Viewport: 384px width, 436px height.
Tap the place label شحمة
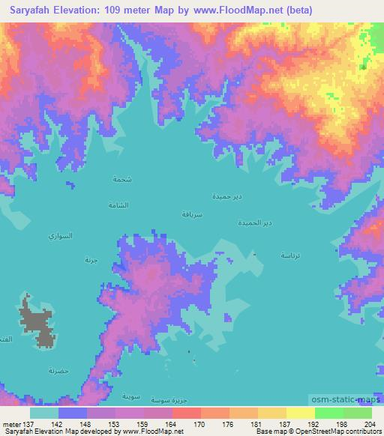(121, 180)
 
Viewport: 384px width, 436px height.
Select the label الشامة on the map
(118, 205)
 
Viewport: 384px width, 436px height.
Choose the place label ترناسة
(293, 255)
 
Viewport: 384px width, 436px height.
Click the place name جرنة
(91, 260)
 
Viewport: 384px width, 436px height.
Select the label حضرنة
(58, 371)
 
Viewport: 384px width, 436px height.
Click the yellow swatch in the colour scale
(300, 413)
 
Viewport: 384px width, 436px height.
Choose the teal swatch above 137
(44, 413)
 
